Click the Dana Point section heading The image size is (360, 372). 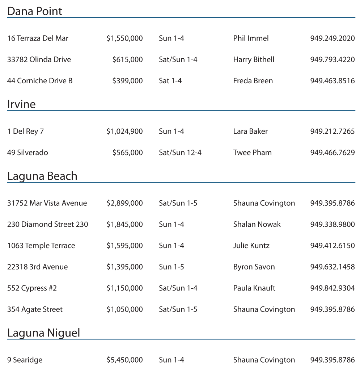[35, 11]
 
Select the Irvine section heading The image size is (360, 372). [21, 104]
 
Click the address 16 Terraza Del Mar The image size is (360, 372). [38, 38]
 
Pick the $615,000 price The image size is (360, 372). [127, 59]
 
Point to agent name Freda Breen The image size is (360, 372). [253, 81]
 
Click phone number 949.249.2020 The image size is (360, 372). [332, 38]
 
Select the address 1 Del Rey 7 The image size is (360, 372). [25, 131]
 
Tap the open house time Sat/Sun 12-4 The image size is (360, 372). [180, 152]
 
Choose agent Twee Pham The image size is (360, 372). [252, 152]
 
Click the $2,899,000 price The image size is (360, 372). [124, 203]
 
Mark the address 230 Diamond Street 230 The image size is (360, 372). [47, 225]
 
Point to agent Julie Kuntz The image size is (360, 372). [251, 246]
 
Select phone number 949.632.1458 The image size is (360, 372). [332, 267]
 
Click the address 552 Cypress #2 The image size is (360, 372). [32, 288]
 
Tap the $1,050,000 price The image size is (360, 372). [124, 309]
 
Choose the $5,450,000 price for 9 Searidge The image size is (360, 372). [124, 360]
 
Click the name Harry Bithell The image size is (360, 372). [254, 59]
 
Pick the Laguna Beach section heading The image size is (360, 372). [42, 176]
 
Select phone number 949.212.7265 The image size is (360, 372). [332, 131]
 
